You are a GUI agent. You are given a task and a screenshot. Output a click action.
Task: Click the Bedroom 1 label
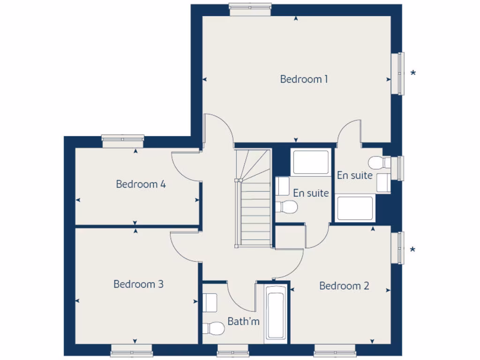tap(304, 79)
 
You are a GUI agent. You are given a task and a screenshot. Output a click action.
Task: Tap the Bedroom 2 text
tap(344, 286)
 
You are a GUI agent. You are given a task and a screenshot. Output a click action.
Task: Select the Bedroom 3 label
tap(138, 284)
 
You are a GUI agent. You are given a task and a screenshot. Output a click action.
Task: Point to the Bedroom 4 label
tap(141, 184)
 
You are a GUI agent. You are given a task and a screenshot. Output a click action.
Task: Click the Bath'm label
tap(243, 322)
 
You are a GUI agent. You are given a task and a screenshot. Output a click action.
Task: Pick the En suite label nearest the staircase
tap(311, 193)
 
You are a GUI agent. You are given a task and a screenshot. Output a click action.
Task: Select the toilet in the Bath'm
tap(213, 328)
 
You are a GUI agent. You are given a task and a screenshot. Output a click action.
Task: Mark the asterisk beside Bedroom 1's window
tap(413, 73)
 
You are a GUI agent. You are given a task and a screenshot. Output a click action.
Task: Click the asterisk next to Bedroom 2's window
tap(412, 250)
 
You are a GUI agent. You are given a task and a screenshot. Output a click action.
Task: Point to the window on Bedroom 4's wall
tap(123, 138)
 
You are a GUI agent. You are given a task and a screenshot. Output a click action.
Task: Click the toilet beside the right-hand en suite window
tap(377, 163)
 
